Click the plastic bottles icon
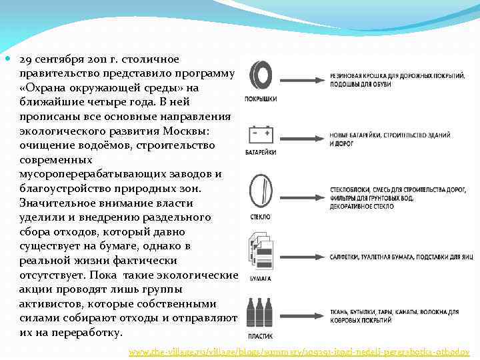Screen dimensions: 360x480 point(259,309)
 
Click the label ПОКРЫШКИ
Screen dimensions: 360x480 point(261,99)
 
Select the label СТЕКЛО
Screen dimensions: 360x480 point(260,217)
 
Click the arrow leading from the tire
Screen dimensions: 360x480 point(301,79)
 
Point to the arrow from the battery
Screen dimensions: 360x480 point(301,139)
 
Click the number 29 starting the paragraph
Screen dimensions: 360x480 point(25,59)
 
